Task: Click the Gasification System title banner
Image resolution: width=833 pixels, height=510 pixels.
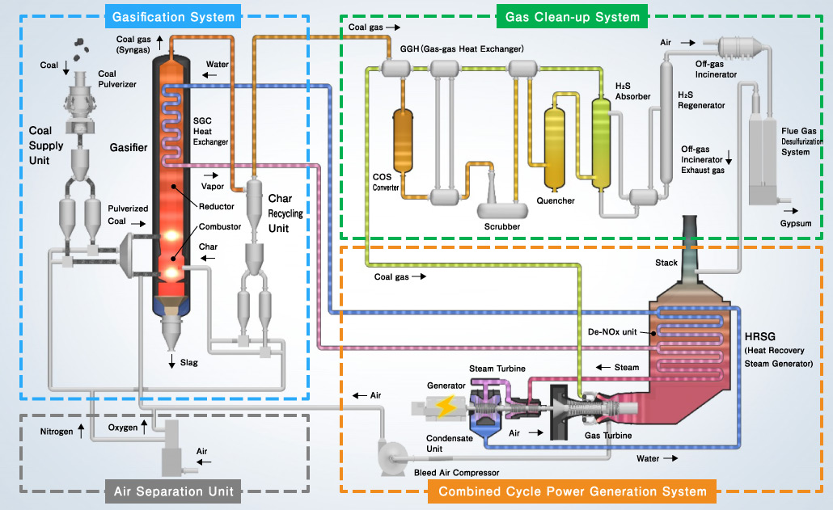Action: tap(174, 16)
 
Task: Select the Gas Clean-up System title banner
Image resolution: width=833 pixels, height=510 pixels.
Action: tap(572, 16)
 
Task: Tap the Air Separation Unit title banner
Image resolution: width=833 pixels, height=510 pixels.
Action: tap(173, 491)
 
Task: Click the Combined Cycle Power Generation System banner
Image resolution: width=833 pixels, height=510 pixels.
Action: tap(573, 491)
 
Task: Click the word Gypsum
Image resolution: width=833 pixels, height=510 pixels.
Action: tap(796, 221)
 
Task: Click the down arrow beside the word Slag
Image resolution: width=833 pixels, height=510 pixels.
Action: tap(172, 364)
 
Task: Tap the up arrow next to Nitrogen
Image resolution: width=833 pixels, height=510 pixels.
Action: tap(81, 432)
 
